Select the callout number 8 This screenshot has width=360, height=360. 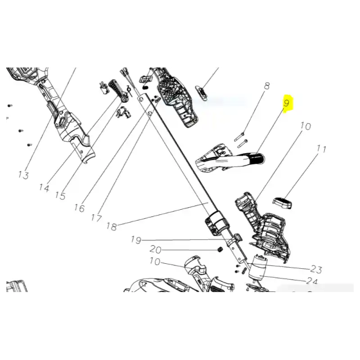coord(266,86)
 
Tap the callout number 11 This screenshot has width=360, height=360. coord(321,149)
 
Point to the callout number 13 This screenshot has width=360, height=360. coord(23,175)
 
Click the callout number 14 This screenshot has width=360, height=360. coord(44,188)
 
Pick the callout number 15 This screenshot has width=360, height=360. coord(60,196)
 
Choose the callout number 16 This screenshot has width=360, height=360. coord(79,208)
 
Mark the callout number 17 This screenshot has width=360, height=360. coord(96,217)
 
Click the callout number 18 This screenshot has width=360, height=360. coord(112,227)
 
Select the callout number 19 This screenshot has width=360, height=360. coord(136,240)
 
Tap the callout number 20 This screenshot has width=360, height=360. coord(155,250)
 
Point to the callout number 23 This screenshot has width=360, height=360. coord(316,269)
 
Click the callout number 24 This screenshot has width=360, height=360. coord(312,281)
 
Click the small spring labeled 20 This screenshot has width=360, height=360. coord(220,250)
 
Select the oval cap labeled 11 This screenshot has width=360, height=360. coord(282,203)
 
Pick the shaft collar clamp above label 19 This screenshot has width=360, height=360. coord(216,223)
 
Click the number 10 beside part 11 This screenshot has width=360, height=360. coord(306,126)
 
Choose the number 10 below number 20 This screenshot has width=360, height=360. coord(155,261)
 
